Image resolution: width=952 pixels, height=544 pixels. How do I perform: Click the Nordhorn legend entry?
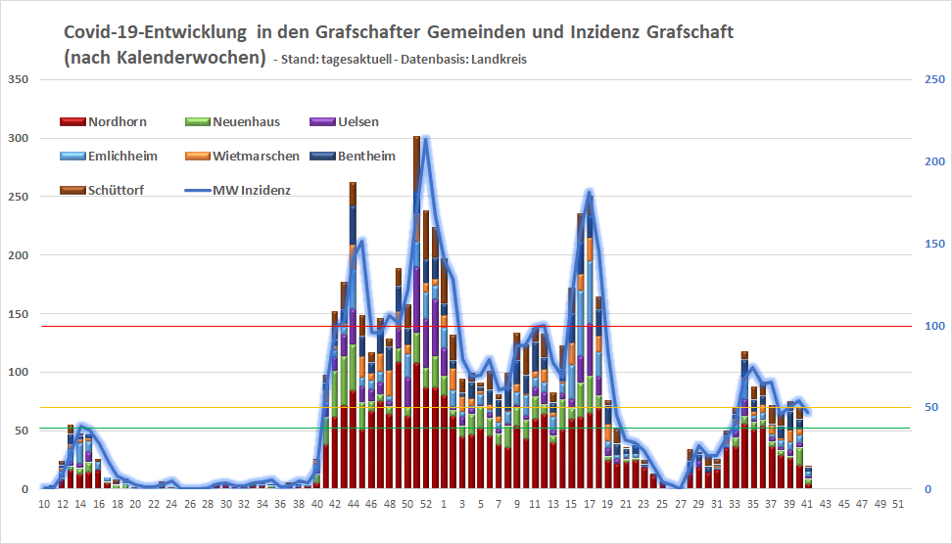point(104,122)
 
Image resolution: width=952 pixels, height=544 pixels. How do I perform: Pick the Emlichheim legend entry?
point(109,156)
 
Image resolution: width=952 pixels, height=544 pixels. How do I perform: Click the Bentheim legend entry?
point(354,156)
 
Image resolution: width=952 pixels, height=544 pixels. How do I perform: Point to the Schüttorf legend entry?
point(102,190)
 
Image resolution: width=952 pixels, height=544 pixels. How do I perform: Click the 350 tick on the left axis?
point(18,79)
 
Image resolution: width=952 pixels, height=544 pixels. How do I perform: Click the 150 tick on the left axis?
point(18,314)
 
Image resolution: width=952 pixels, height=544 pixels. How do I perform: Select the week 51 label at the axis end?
point(897,504)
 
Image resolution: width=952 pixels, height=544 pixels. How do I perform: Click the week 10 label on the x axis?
point(44,504)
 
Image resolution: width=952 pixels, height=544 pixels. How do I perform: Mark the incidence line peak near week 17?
point(589,193)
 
